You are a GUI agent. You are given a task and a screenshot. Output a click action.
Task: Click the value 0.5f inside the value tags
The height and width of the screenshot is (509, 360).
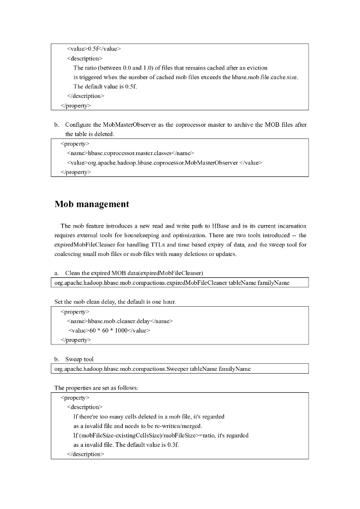coord(93,49)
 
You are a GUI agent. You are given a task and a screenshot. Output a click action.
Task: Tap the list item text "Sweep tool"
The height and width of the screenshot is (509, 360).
coord(79,359)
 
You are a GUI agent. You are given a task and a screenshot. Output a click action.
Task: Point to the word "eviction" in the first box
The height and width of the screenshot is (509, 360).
coord(257,68)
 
